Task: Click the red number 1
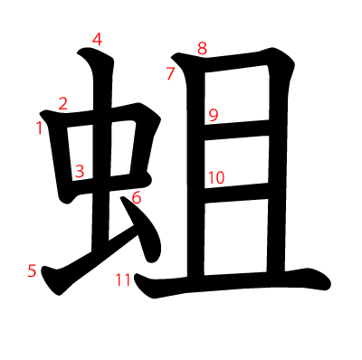point(39,128)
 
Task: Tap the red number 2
point(63,104)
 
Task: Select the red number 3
point(80,171)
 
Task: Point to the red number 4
point(97,40)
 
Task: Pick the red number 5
point(32,270)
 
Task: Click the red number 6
point(137,198)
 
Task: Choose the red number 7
point(170,74)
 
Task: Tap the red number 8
point(202,48)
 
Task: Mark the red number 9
point(214,115)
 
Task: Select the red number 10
point(216,177)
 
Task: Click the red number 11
point(123,279)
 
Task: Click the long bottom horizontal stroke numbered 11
point(233,283)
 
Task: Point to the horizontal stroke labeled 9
point(236,128)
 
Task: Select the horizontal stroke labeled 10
point(236,192)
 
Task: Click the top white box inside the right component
point(236,95)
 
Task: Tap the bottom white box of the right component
point(236,237)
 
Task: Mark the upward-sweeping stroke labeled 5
point(90,265)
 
